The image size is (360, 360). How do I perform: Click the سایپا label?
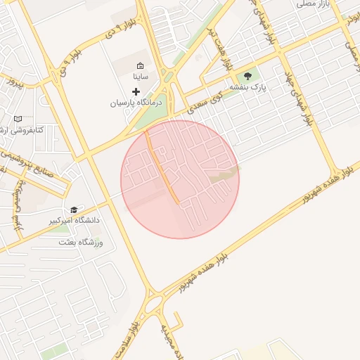(x=141, y=76)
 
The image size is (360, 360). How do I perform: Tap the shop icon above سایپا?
(x=140, y=65)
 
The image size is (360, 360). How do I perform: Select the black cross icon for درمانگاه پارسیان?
(x=136, y=91)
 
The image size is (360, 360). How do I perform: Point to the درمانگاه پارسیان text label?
(x=136, y=103)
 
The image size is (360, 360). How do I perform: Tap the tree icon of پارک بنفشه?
(x=247, y=75)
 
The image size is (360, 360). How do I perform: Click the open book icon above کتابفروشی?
(x=18, y=119)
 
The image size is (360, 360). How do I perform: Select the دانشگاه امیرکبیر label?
(x=74, y=221)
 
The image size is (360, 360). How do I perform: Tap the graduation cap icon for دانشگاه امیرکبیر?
(x=74, y=210)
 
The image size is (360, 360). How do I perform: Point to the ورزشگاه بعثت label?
(x=82, y=243)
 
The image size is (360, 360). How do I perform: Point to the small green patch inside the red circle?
(x=224, y=175)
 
